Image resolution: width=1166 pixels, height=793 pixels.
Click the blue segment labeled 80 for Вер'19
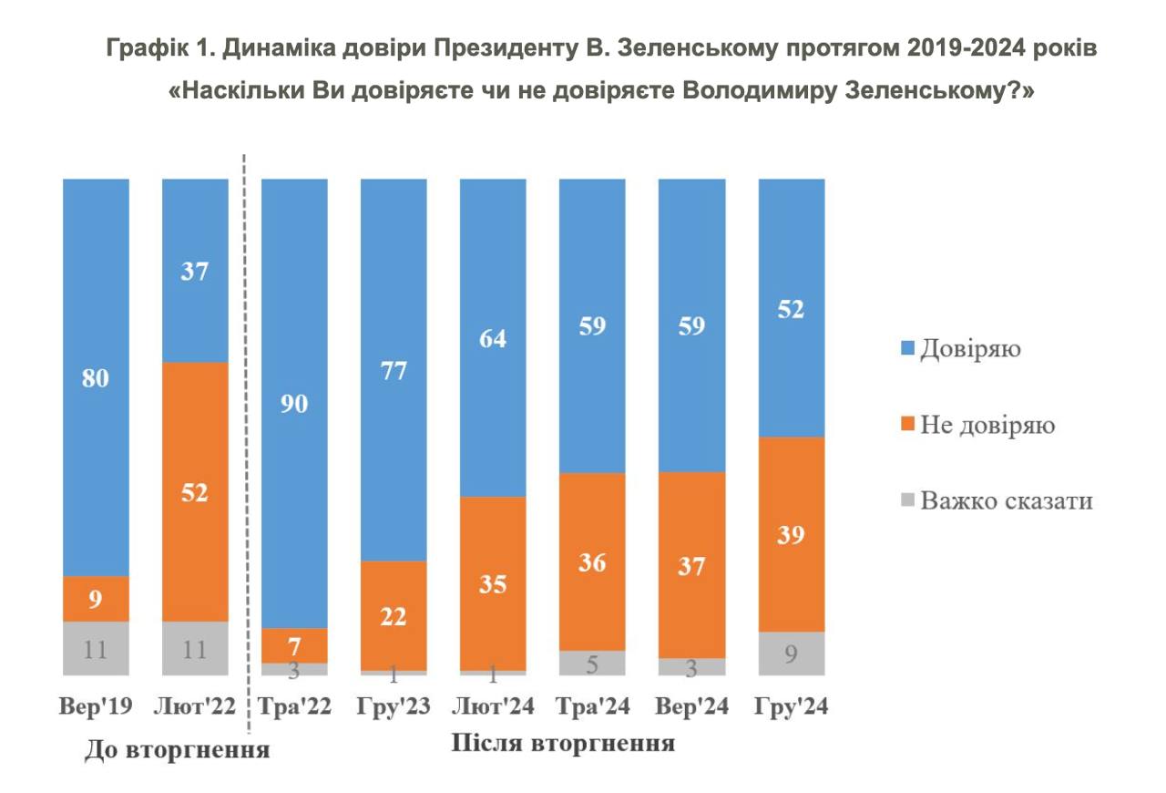[x=96, y=377]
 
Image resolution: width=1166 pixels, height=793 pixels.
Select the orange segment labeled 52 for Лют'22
[x=195, y=491]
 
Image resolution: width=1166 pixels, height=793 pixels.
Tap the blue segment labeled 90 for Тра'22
[x=294, y=403]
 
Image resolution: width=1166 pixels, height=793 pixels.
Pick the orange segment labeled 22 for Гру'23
[x=394, y=615]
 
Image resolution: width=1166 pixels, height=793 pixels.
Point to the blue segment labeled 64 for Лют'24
[x=493, y=337]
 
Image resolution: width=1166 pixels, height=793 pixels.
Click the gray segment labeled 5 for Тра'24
[x=592, y=663]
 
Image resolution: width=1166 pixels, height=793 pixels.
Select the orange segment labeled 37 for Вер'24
[x=691, y=565]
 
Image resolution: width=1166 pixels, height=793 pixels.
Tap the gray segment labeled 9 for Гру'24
[x=792, y=653]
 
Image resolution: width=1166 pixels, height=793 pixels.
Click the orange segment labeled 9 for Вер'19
[x=96, y=599]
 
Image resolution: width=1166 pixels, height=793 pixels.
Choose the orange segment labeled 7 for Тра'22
[x=294, y=645]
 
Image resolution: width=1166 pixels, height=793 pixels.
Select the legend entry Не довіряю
[x=987, y=425]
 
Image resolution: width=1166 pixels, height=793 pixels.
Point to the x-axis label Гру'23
[x=394, y=706]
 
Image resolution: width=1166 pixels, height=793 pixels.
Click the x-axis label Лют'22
[x=195, y=706]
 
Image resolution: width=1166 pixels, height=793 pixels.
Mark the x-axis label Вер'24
[x=691, y=706]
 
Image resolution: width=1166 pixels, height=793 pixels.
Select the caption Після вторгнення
[x=563, y=743]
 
